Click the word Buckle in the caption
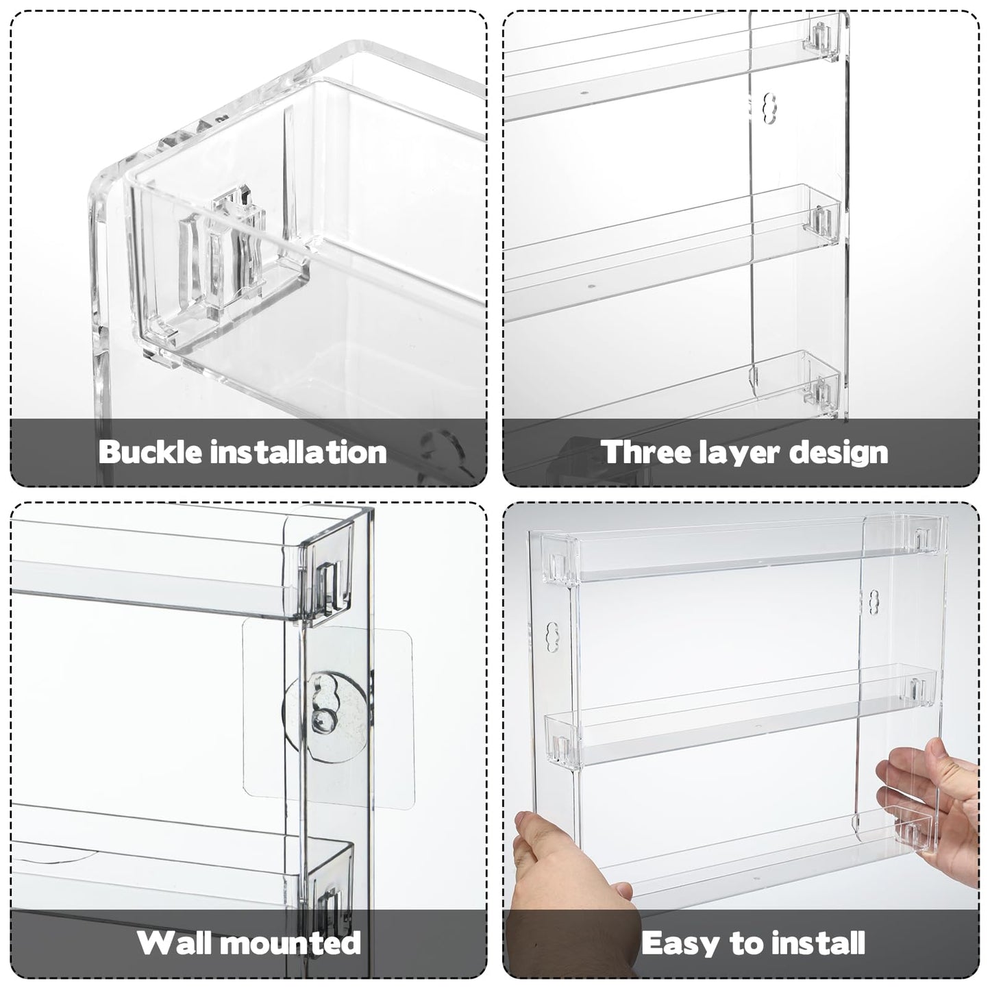[149, 452]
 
